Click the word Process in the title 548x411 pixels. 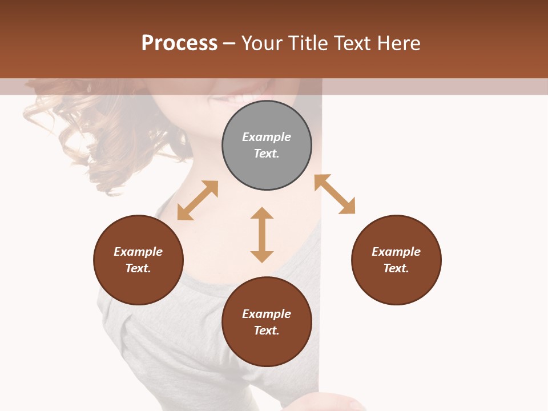[x=179, y=43]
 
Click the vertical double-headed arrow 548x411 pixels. [x=262, y=235]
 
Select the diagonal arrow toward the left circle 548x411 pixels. [x=198, y=200]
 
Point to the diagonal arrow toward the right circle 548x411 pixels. [x=335, y=194]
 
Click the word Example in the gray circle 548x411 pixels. [x=267, y=137]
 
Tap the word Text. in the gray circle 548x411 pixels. [x=267, y=154]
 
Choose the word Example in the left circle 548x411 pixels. [x=138, y=252]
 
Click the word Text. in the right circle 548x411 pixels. [x=396, y=268]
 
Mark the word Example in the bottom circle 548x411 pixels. [x=267, y=314]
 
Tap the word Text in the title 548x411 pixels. [x=354, y=43]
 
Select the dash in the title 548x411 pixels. [x=229, y=43]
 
